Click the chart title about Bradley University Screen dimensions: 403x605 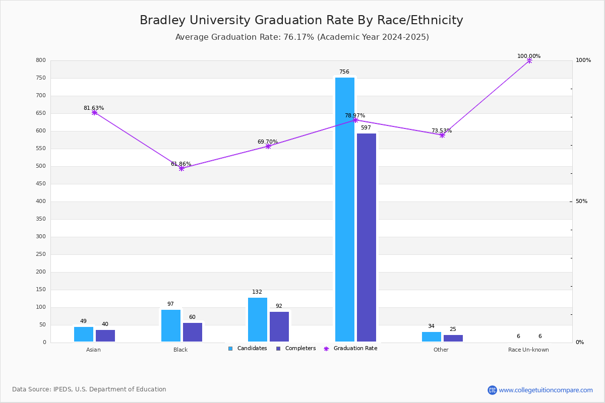301,21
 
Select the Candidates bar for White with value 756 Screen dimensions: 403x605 345,209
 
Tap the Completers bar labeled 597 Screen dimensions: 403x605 367,237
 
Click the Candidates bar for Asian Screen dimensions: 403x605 84,334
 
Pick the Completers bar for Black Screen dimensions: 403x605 193,332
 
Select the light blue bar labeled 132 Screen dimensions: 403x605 258,319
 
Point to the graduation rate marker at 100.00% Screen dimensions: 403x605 529,60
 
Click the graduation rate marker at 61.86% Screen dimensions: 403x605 181,168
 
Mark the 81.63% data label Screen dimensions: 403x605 94,108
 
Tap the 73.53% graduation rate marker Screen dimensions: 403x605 442,135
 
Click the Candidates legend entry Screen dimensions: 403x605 248,349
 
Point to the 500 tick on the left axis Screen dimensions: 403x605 40,166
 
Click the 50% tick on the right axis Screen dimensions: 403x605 581,201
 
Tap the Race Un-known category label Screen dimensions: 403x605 528,350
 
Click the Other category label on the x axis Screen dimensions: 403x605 441,350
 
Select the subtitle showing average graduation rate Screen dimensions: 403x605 302,37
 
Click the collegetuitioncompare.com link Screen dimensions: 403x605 546,390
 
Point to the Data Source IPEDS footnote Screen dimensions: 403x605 89,389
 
